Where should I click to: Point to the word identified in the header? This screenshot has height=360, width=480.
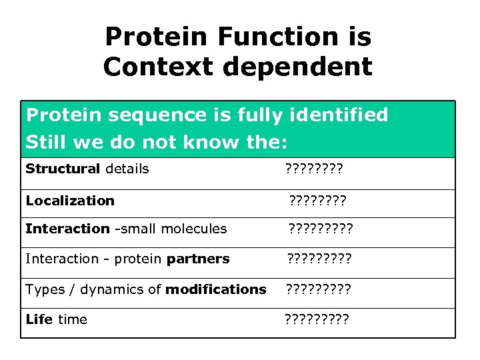[x=338, y=115]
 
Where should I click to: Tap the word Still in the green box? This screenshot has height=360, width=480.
[x=43, y=142]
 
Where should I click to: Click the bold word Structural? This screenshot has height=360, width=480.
[x=63, y=169]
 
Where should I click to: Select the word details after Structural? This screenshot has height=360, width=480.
[x=127, y=169]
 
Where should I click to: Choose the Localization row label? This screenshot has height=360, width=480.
[x=70, y=200]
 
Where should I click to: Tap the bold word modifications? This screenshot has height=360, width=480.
[x=215, y=289]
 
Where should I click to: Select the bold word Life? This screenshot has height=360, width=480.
[x=39, y=319]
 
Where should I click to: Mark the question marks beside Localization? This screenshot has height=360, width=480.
[x=317, y=200]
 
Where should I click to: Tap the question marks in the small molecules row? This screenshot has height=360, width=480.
[x=320, y=229]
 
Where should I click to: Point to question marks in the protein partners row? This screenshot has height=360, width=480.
[x=319, y=259]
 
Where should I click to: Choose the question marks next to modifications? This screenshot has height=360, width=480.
[x=318, y=289]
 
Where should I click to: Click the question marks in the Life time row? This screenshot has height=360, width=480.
[x=316, y=319]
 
